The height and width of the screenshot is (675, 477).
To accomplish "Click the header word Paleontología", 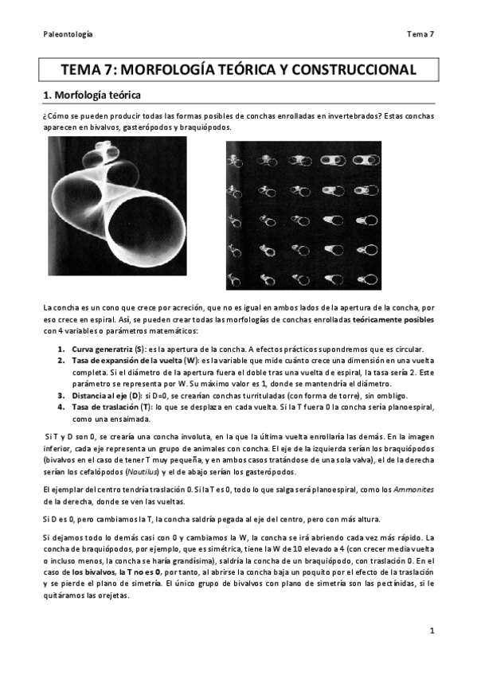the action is (67, 33).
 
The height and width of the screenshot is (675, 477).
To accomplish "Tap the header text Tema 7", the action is (419, 33).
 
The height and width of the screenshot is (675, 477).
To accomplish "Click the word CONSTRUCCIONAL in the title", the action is (354, 70).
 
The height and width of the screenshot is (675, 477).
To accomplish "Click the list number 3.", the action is (61, 395).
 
